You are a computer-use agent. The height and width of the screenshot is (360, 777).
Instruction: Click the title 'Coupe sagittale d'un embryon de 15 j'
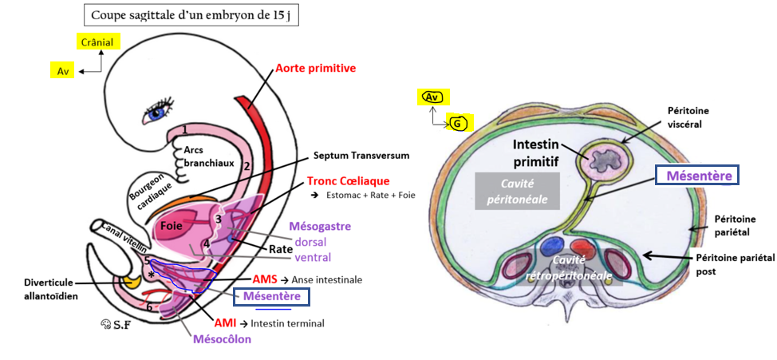191,15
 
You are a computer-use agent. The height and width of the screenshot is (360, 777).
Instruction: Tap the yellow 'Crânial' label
97,42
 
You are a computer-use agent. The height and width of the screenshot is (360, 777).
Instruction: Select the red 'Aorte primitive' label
315,69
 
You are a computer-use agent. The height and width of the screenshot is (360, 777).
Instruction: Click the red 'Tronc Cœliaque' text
348,181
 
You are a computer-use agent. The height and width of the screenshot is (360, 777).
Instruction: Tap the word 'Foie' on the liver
170,225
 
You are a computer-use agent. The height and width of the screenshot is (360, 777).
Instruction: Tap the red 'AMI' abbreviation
226,323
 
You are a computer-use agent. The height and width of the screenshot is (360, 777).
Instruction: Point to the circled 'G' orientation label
457,124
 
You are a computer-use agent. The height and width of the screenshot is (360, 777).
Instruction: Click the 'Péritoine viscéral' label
688,117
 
